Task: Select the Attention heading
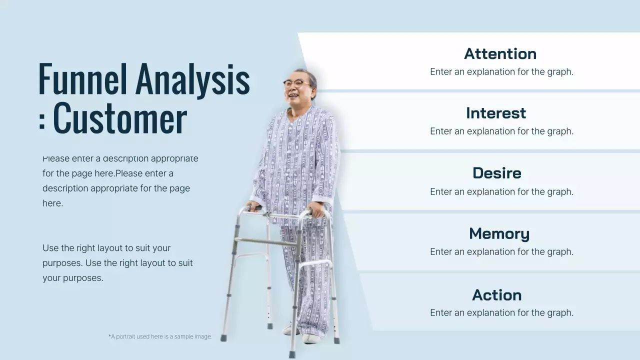(500, 53)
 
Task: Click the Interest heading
(496, 113)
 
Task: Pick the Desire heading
(497, 173)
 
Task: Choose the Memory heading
(499, 233)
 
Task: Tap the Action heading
(497, 295)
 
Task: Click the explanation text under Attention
(501, 71)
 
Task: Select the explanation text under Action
(501, 312)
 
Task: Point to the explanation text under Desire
(501, 191)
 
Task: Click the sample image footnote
(160, 336)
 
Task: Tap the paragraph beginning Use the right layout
(117, 263)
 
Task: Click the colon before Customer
(41, 119)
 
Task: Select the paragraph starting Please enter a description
(120, 181)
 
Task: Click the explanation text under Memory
(501, 251)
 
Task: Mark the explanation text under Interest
(501, 131)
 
